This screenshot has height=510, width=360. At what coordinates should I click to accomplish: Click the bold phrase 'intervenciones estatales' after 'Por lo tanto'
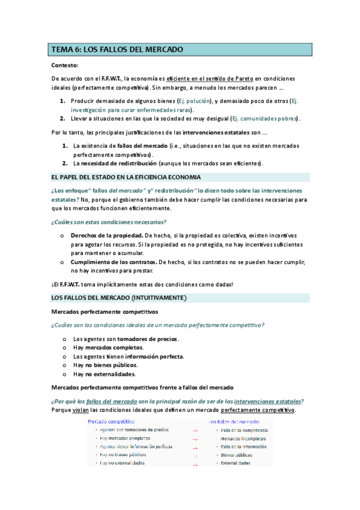point(219,132)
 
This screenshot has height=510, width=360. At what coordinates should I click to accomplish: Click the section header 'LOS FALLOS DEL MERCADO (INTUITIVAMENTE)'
point(119,298)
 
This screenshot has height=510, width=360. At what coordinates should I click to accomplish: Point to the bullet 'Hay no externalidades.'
point(104,373)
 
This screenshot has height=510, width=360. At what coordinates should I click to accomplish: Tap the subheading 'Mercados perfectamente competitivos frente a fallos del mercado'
point(142,387)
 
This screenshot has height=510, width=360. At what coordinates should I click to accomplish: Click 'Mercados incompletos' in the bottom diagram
point(242,439)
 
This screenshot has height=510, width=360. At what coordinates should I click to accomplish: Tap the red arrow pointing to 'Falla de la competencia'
point(195,431)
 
